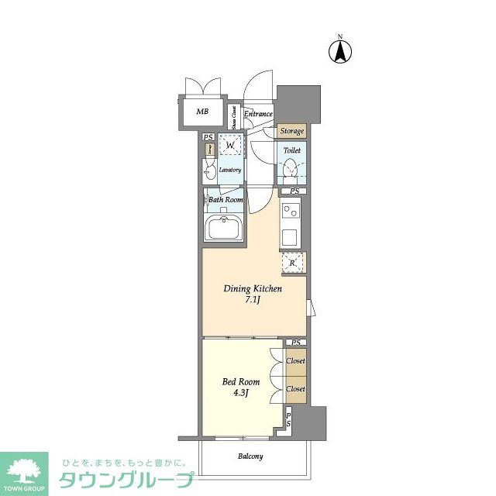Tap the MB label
pos(202,112)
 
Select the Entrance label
pos(259,115)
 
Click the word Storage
pos(292,132)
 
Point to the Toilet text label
pos(292,150)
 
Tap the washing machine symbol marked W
pos(230,145)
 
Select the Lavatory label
pos(230,170)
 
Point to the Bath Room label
pos(226,199)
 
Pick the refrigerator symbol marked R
pos(291,262)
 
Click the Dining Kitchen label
pos(253,289)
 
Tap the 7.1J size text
pos(252,300)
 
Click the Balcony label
pos(250,456)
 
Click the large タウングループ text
pos(126,480)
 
